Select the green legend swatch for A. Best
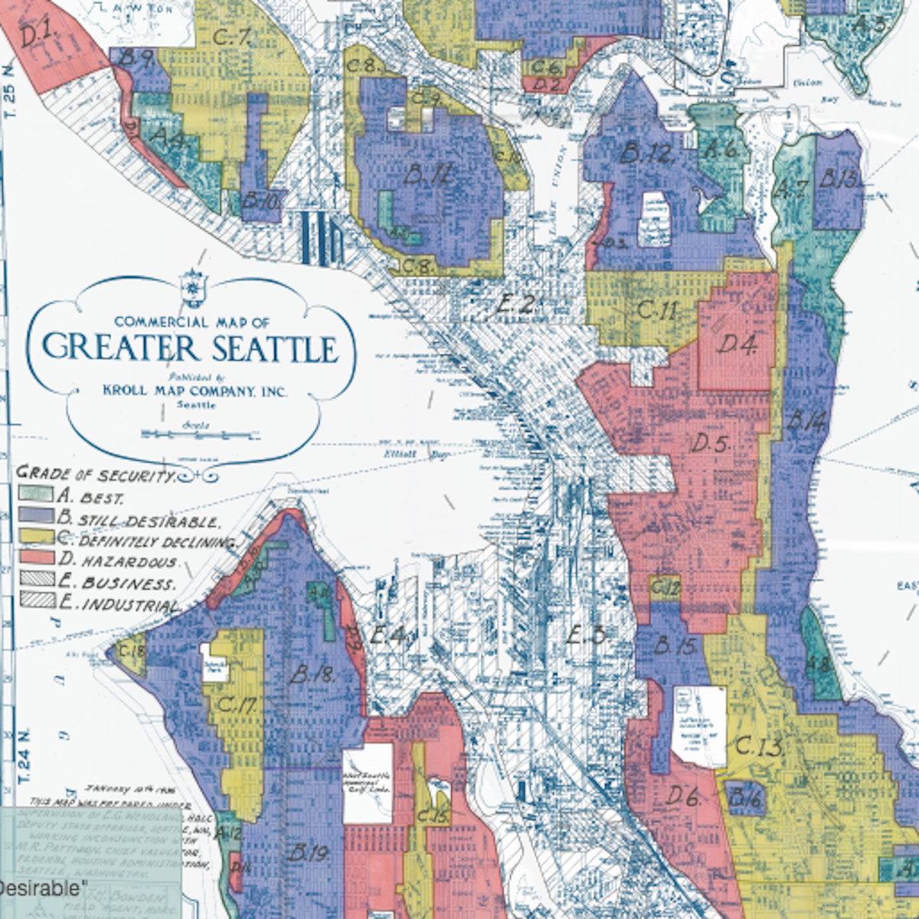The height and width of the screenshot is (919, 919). (x=36, y=495)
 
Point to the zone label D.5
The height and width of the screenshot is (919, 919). (x=711, y=443)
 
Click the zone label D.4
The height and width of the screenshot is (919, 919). (x=737, y=345)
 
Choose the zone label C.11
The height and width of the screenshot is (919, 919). (x=657, y=310)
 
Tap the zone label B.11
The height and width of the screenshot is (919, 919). (x=427, y=176)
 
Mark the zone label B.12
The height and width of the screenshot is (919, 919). (x=646, y=154)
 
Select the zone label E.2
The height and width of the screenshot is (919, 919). (x=515, y=304)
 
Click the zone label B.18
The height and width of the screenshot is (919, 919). (x=312, y=675)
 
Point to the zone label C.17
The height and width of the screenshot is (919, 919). (x=237, y=705)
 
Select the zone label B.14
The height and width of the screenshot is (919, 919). (x=805, y=420)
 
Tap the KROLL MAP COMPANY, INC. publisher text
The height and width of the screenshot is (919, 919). (x=195, y=391)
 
